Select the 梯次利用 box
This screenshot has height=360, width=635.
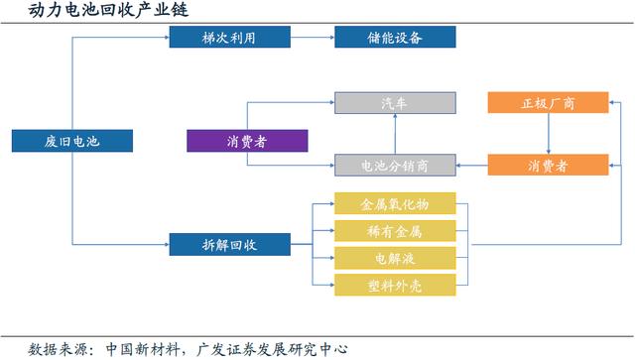point(230,38)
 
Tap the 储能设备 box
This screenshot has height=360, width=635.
point(395,38)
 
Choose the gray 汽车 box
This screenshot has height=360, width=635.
point(395,103)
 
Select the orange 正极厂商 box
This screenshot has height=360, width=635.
point(548,103)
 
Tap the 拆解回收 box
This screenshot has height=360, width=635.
point(230,243)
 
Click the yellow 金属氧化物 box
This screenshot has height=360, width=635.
point(395,204)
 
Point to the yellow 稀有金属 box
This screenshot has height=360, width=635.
point(395,231)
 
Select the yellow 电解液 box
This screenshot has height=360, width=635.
point(395,258)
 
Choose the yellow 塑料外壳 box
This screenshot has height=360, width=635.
point(395,285)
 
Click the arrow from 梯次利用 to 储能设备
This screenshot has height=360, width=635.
point(313,38)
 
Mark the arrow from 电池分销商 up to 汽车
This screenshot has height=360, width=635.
point(395,134)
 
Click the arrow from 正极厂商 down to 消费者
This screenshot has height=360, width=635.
point(548,134)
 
